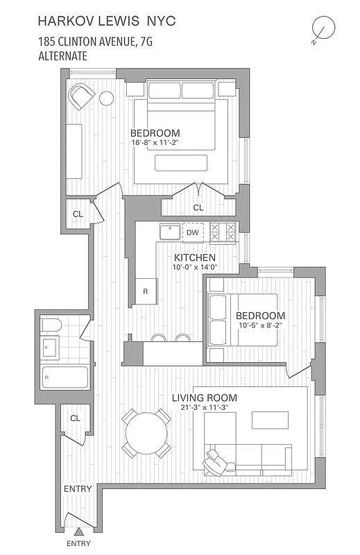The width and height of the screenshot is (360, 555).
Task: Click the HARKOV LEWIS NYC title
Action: pos(108,22)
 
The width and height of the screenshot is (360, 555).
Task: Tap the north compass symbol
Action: pos(323,29)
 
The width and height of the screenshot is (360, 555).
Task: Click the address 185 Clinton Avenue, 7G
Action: pos(96,43)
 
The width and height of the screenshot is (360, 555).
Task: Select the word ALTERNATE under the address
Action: pos(63,56)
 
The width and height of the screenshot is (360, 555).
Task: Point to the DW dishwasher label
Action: pos(193,232)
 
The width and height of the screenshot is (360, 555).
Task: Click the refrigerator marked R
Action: pos(146,291)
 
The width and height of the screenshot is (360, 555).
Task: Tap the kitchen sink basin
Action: pos(169,232)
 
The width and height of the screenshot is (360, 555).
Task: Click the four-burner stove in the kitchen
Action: pos(223,232)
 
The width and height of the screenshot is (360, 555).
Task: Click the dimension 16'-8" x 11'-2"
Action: pos(155,144)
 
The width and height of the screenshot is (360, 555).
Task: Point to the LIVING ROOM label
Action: pos(205,398)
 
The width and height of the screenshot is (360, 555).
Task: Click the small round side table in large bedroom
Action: pos(107,99)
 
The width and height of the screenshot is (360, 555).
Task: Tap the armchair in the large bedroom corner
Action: pos(82,96)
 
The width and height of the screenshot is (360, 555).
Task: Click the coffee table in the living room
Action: pos(269,420)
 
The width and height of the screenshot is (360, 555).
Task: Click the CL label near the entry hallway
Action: pos(76,418)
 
